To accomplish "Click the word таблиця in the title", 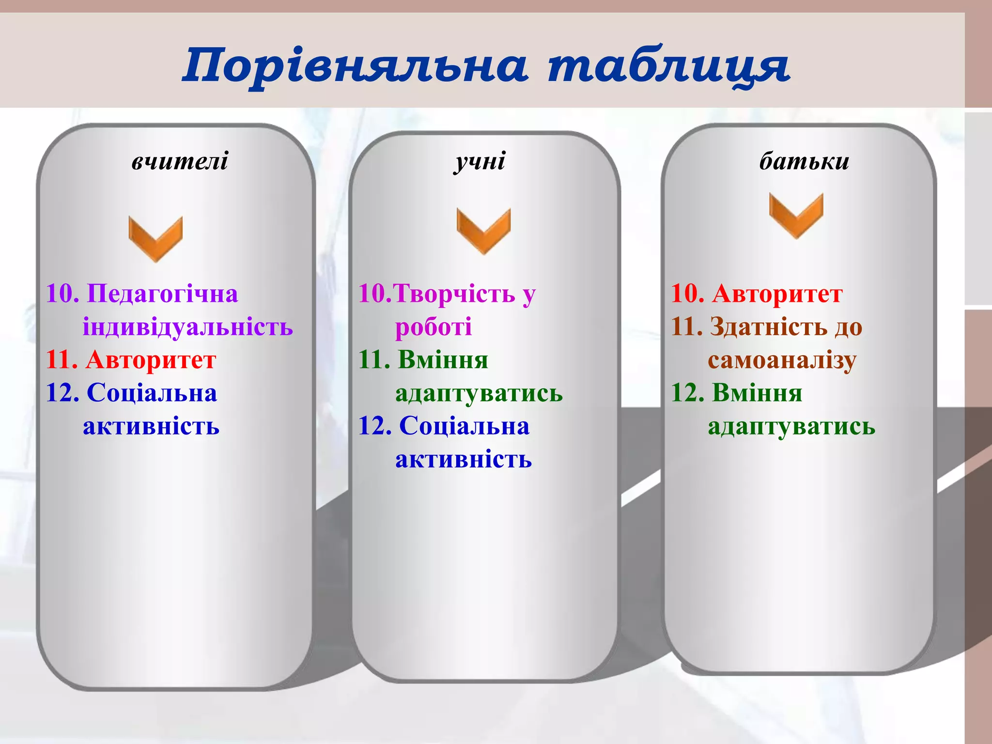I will pos(668,65).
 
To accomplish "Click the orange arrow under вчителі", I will pos(155,239).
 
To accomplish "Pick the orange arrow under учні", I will pos(483,231).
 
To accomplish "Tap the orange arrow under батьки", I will pos(796,215).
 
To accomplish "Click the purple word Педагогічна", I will pos(162,294).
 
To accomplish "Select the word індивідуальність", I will pos(187,326).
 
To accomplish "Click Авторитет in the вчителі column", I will pos(151,360).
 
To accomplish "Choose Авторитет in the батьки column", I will pos(777,294).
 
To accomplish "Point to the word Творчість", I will pos(454,294).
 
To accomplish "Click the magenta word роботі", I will pos(434,326).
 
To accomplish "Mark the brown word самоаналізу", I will pos(782,360).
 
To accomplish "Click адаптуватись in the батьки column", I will pos(791,426).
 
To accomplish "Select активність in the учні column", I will pos(464,459).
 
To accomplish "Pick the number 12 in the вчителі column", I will pos(62,393).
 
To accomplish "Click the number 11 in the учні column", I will pos(374,360).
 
